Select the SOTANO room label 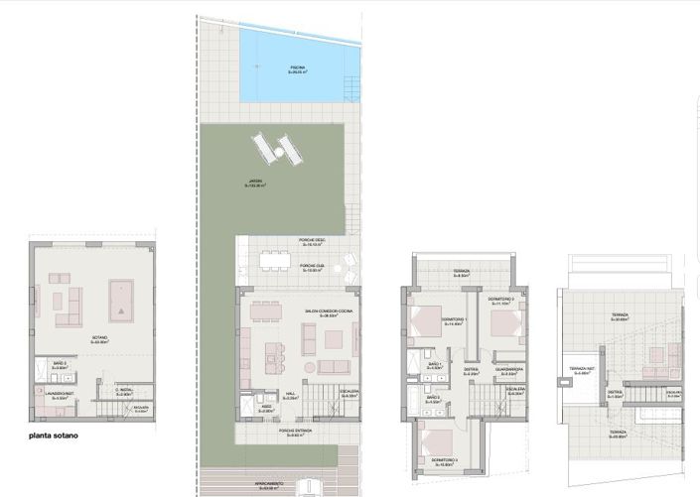[99, 339]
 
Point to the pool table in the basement [121, 298]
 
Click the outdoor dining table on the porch [274, 259]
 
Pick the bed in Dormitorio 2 [505, 324]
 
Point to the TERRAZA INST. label [582, 369]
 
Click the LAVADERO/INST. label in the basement [63, 394]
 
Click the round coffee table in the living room [309, 367]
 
